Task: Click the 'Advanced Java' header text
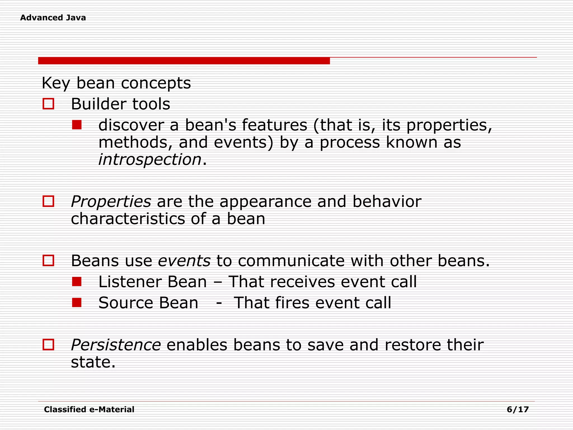(x=53, y=18)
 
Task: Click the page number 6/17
(x=518, y=410)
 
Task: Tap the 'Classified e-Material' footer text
(x=89, y=410)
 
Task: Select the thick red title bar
(x=184, y=61)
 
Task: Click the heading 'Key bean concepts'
(x=116, y=83)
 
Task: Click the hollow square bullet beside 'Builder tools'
(x=48, y=104)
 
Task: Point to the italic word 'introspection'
(x=150, y=160)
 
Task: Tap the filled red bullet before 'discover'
(x=77, y=125)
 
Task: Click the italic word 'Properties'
(x=111, y=202)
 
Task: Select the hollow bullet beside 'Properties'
(x=48, y=201)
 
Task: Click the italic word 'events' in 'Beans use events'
(x=184, y=261)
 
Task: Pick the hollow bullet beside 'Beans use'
(x=48, y=261)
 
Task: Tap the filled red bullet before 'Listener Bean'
(x=77, y=282)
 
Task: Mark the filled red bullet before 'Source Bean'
(x=77, y=303)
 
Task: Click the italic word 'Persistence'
(x=116, y=345)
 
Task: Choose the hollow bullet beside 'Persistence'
(x=48, y=345)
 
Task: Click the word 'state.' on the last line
(x=93, y=363)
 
